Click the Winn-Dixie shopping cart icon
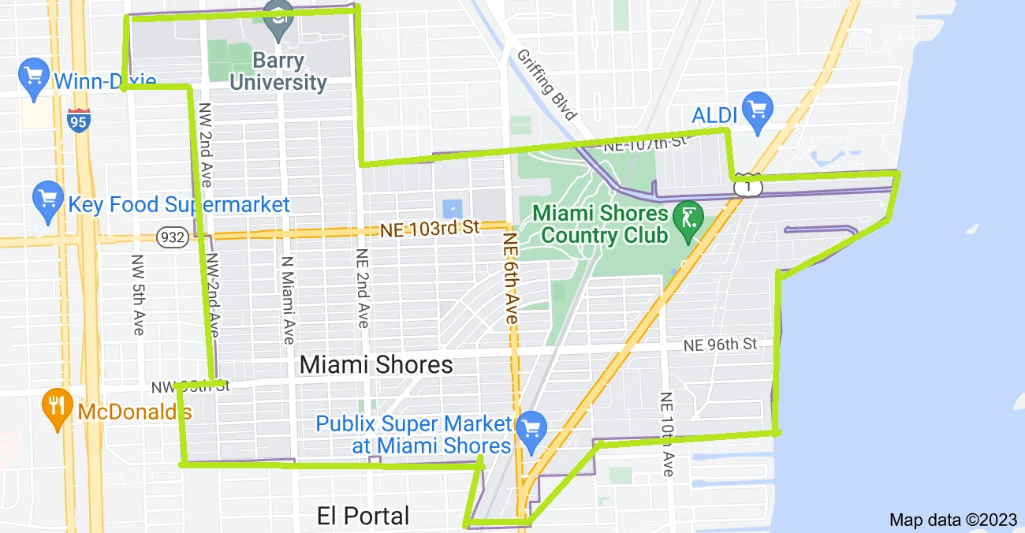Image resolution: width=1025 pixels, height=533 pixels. [33, 76]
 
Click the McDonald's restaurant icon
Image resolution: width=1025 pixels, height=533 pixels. [55, 406]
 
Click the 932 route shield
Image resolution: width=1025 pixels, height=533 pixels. [171, 236]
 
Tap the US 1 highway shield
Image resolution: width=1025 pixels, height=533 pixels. [750, 186]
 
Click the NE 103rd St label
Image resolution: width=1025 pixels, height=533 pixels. [430, 228]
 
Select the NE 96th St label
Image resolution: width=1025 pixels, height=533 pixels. [720, 344]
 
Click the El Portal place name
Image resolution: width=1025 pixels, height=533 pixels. [363, 516]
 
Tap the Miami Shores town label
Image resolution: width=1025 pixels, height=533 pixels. [376, 364]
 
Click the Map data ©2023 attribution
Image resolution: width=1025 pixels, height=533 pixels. [953, 520]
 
